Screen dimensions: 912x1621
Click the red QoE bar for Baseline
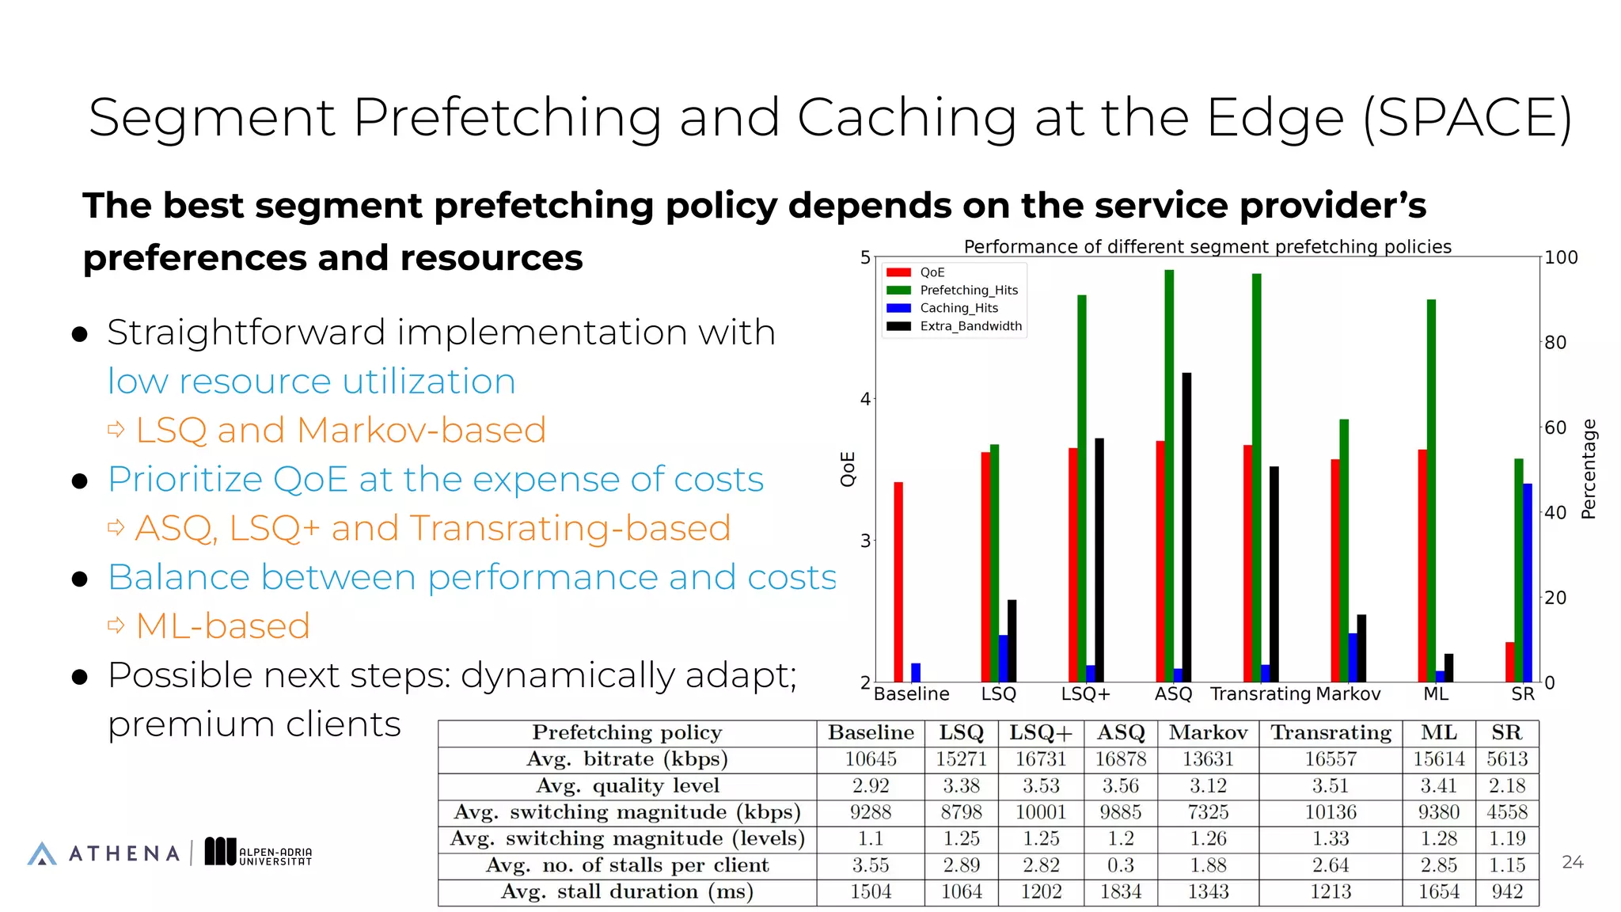pyautogui.click(x=898, y=582)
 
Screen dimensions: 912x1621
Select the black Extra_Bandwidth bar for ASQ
pyautogui.click(x=1186, y=527)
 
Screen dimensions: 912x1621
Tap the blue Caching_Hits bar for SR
pyautogui.click(x=1528, y=582)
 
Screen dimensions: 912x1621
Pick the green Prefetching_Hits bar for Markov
pyautogui.click(x=1344, y=550)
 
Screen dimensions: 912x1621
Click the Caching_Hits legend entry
pyautogui.click(x=958, y=308)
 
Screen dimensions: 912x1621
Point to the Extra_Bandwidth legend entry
pyautogui.click(x=970, y=326)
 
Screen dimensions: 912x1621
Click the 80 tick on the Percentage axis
pyautogui.click(x=1555, y=343)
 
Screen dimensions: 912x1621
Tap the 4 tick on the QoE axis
pyautogui.click(x=865, y=399)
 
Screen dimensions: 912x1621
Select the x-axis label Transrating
pyautogui.click(x=1260, y=694)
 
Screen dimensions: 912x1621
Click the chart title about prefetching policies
pyautogui.click(x=1207, y=246)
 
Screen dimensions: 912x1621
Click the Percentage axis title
pyautogui.click(x=1589, y=469)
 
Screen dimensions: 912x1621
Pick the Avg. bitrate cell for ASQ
pyautogui.click(x=1120, y=759)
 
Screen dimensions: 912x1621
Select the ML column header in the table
pyautogui.click(x=1438, y=732)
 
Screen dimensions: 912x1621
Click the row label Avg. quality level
pyautogui.click(x=627, y=785)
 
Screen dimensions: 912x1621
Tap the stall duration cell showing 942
pyautogui.click(x=1506, y=892)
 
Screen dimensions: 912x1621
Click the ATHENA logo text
pyautogui.click(x=124, y=853)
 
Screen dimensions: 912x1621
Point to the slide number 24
pyautogui.click(x=1572, y=862)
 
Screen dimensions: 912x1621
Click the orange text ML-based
pyautogui.click(x=222, y=626)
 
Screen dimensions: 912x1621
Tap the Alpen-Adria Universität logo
pyautogui.click(x=259, y=853)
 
